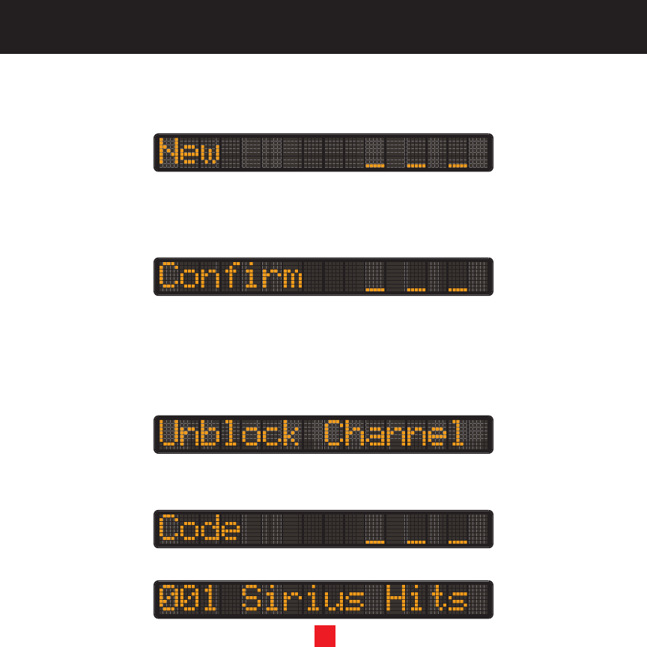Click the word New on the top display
[x=190, y=153]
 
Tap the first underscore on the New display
[x=374, y=165]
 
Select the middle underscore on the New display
[x=416, y=165]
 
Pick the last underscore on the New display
[x=458, y=165]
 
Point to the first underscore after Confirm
[x=374, y=289]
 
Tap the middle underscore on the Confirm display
[x=416, y=289]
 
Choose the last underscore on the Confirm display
[x=458, y=289]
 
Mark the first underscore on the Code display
[x=374, y=541]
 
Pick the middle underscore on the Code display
[x=416, y=541]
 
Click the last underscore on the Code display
[x=458, y=541]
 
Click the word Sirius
[x=303, y=599]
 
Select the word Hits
[x=437, y=599]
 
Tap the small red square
[x=324, y=636]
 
